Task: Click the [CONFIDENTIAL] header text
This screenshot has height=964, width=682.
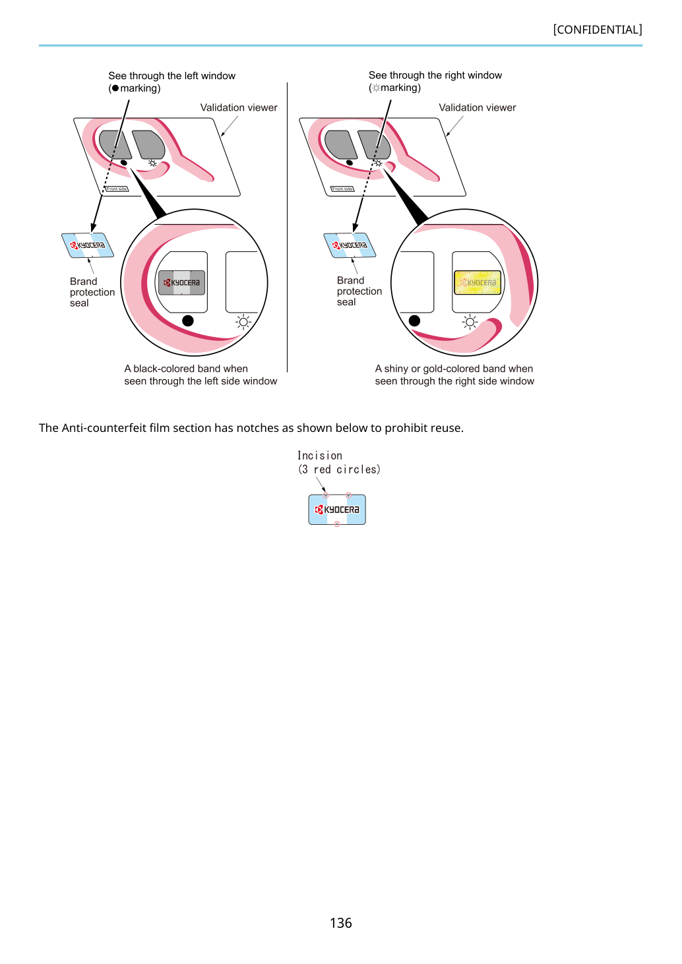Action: coord(597,30)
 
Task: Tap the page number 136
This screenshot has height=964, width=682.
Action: coord(340,922)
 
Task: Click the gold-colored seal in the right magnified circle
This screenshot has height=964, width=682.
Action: coord(478,282)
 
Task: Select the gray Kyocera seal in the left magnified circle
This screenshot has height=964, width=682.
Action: coord(181,282)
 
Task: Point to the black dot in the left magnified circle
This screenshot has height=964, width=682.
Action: coord(188,320)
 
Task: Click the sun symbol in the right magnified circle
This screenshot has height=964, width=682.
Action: coord(470,322)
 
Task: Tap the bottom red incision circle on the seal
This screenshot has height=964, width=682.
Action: coord(337,524)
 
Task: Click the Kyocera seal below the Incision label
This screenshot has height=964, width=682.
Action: coord(337,510)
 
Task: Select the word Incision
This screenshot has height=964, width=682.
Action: coord(319,456)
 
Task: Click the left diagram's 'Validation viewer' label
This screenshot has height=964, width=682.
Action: coord(239,107)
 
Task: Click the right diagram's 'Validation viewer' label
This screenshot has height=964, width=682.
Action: coord(477,107)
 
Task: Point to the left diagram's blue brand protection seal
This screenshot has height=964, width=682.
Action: coord(88,245)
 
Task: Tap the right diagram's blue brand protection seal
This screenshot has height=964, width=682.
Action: coord(350,245)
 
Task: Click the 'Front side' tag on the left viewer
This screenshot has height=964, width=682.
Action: coord(117,189)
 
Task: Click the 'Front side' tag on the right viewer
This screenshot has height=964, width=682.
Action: coord(342,189)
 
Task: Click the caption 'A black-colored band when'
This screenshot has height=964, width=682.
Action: coord(186,369)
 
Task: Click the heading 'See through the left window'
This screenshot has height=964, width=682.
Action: coord(171,76)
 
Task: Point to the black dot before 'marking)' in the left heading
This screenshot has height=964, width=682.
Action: coord(115,88)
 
